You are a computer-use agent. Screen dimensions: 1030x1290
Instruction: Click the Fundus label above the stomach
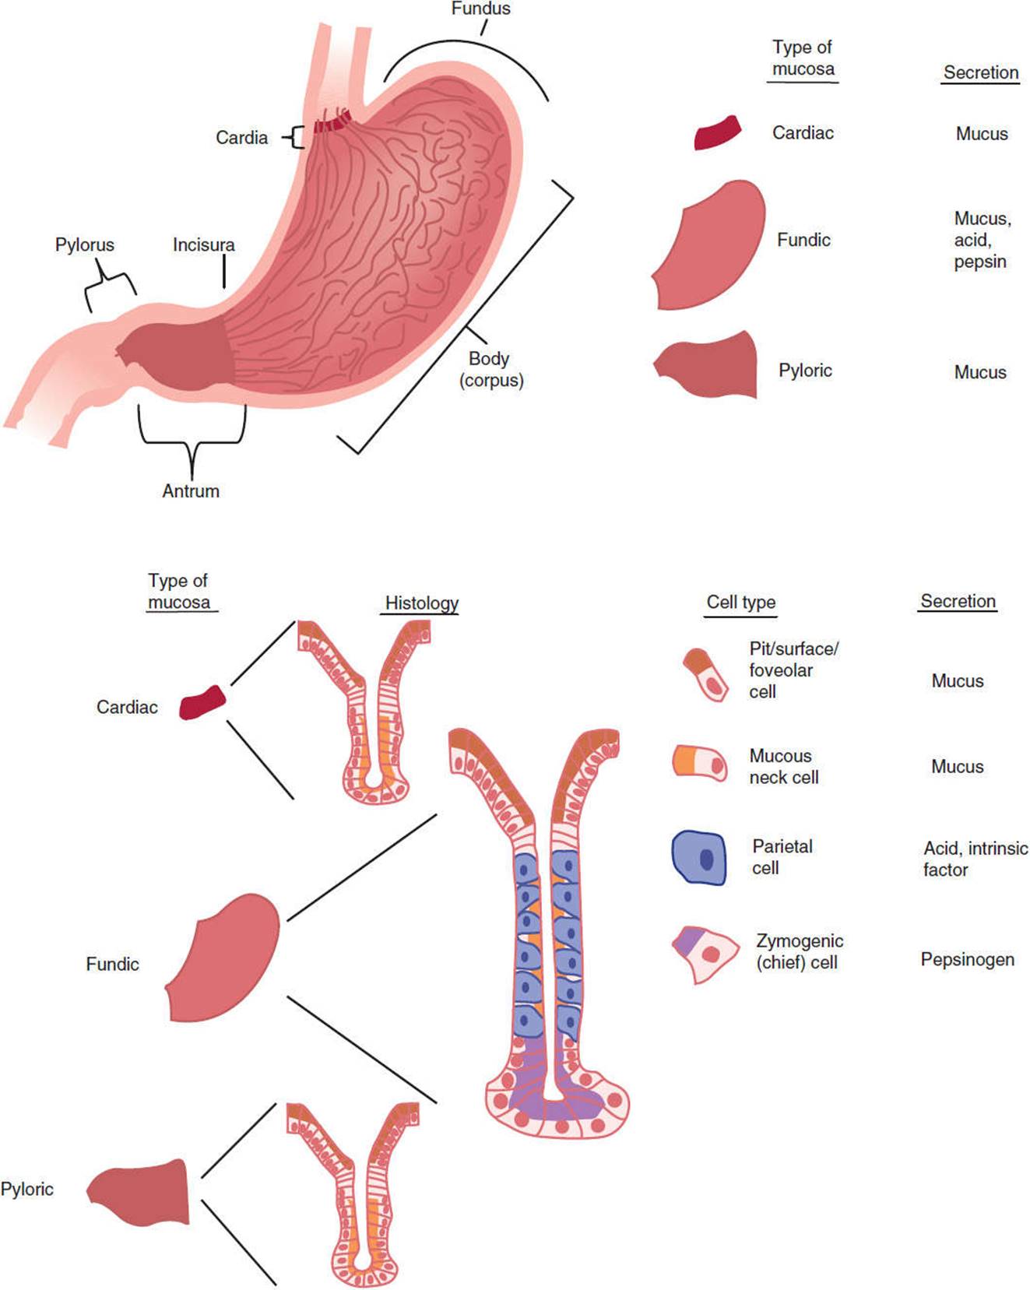pos(480,9)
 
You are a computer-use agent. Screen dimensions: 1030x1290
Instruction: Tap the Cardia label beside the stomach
pos(241,138)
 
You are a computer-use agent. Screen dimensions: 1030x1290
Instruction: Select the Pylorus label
pos(84,245)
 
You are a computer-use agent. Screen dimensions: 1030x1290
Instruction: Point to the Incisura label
pos(204,245)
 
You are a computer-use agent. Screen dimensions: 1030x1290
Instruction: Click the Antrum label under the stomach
pos(191,491)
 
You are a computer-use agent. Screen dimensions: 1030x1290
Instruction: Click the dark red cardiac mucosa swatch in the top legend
pos(717,132)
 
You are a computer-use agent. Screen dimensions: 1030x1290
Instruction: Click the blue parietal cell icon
pos(698,858)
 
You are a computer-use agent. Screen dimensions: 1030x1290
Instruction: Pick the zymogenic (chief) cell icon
pos(705,954)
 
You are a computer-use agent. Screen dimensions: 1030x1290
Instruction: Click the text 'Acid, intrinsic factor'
pos(976,859)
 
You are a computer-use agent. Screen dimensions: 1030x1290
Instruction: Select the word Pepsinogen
pos(968,959)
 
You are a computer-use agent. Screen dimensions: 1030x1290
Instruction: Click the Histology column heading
pos(422,603)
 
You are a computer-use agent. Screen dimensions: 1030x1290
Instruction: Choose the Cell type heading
pos(741,603)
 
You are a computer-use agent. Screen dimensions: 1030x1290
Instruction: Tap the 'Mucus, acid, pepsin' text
pos(982,240)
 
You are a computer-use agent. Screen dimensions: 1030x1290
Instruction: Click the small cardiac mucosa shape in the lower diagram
pos(202,702)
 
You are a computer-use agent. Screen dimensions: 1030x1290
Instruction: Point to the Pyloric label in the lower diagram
pos(27,1190)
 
